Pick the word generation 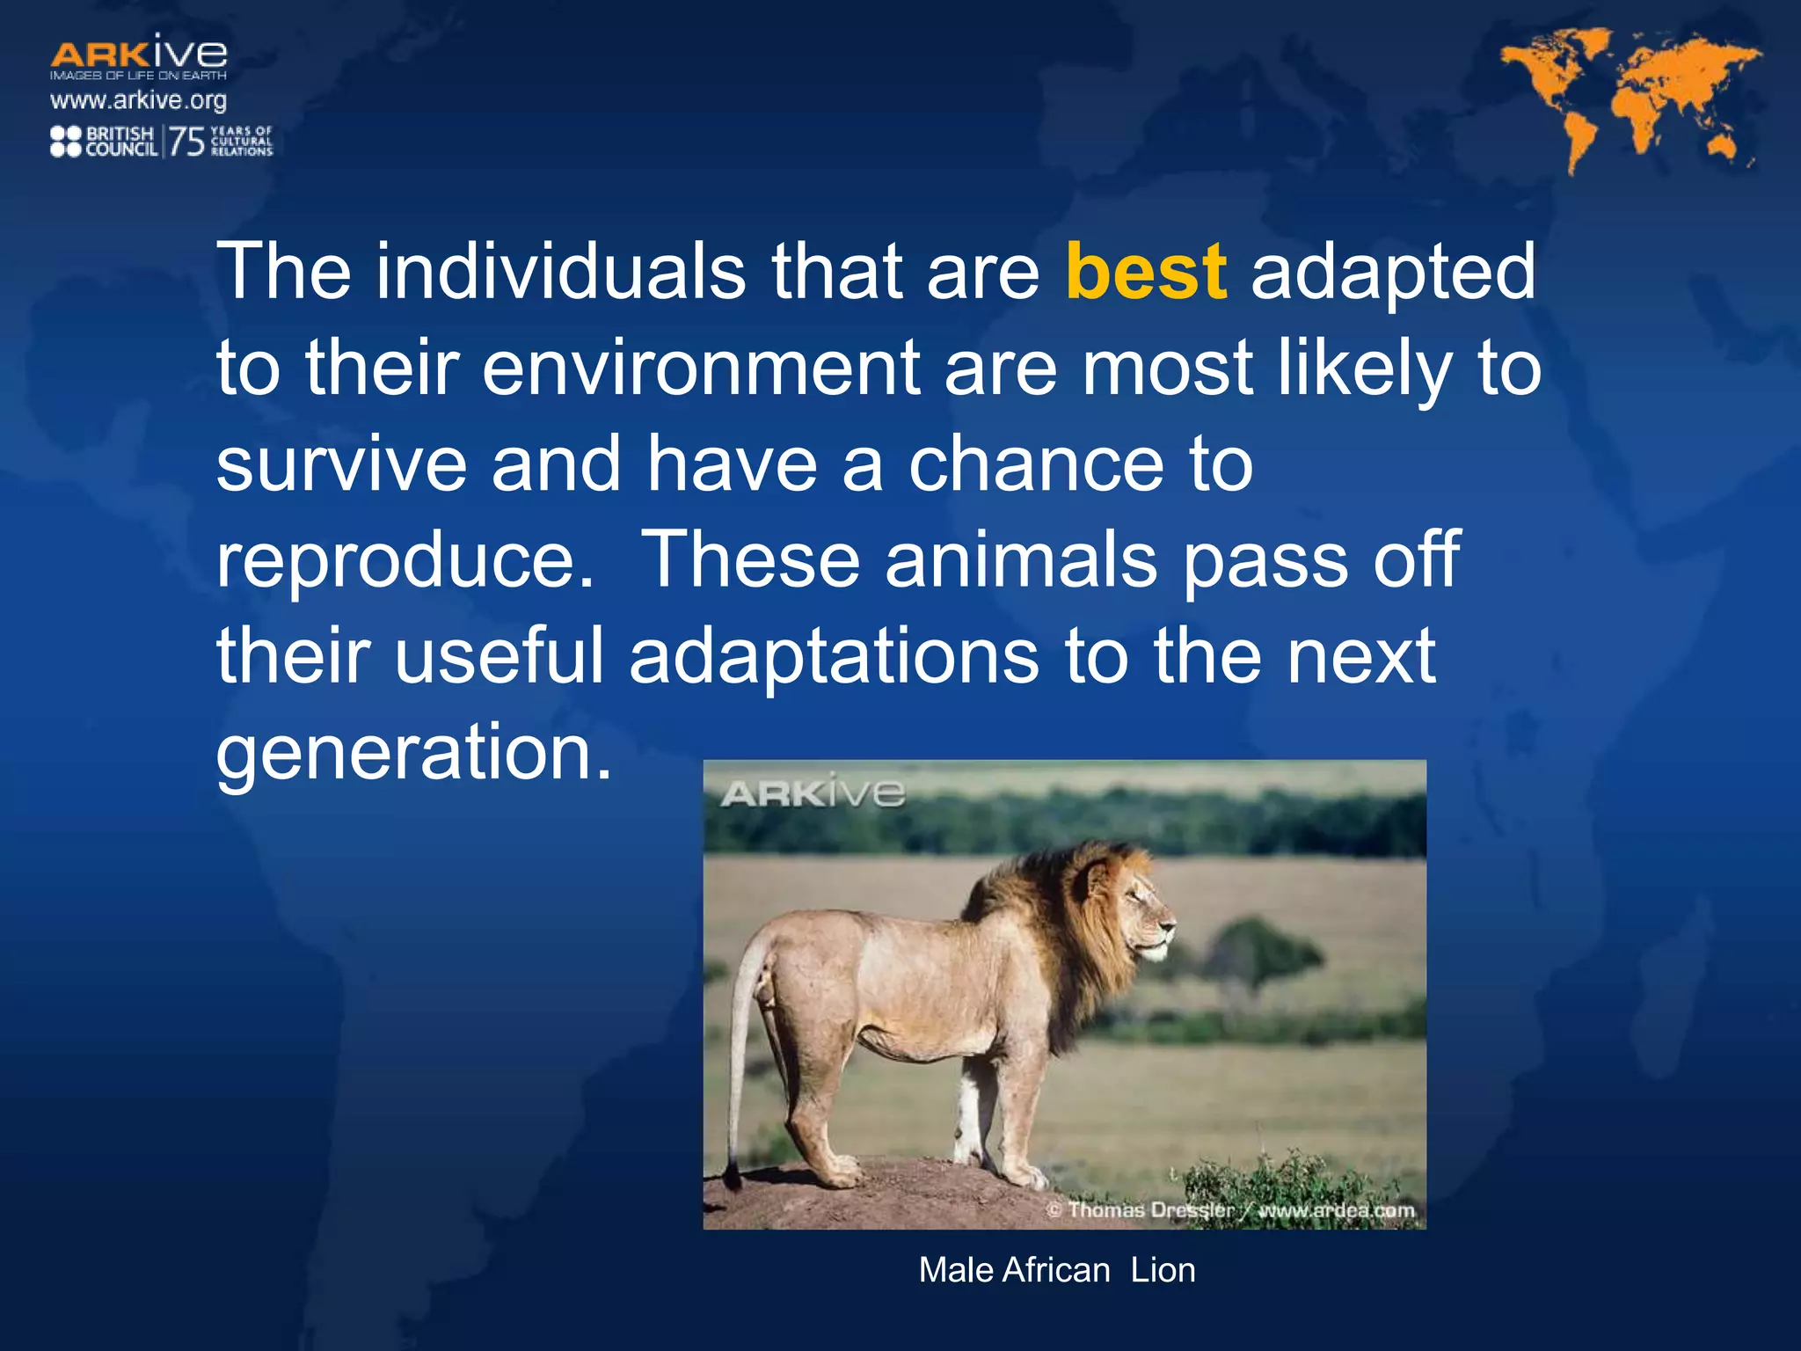coord(413,752)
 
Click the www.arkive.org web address coord(138,100)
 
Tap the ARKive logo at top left coord(138,55)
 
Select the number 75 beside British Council coord(186,141)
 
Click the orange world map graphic coord(1627,97)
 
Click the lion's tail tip coord(732,1175)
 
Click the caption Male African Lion coord(1057,1270)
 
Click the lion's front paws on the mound coord(1020,1174)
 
